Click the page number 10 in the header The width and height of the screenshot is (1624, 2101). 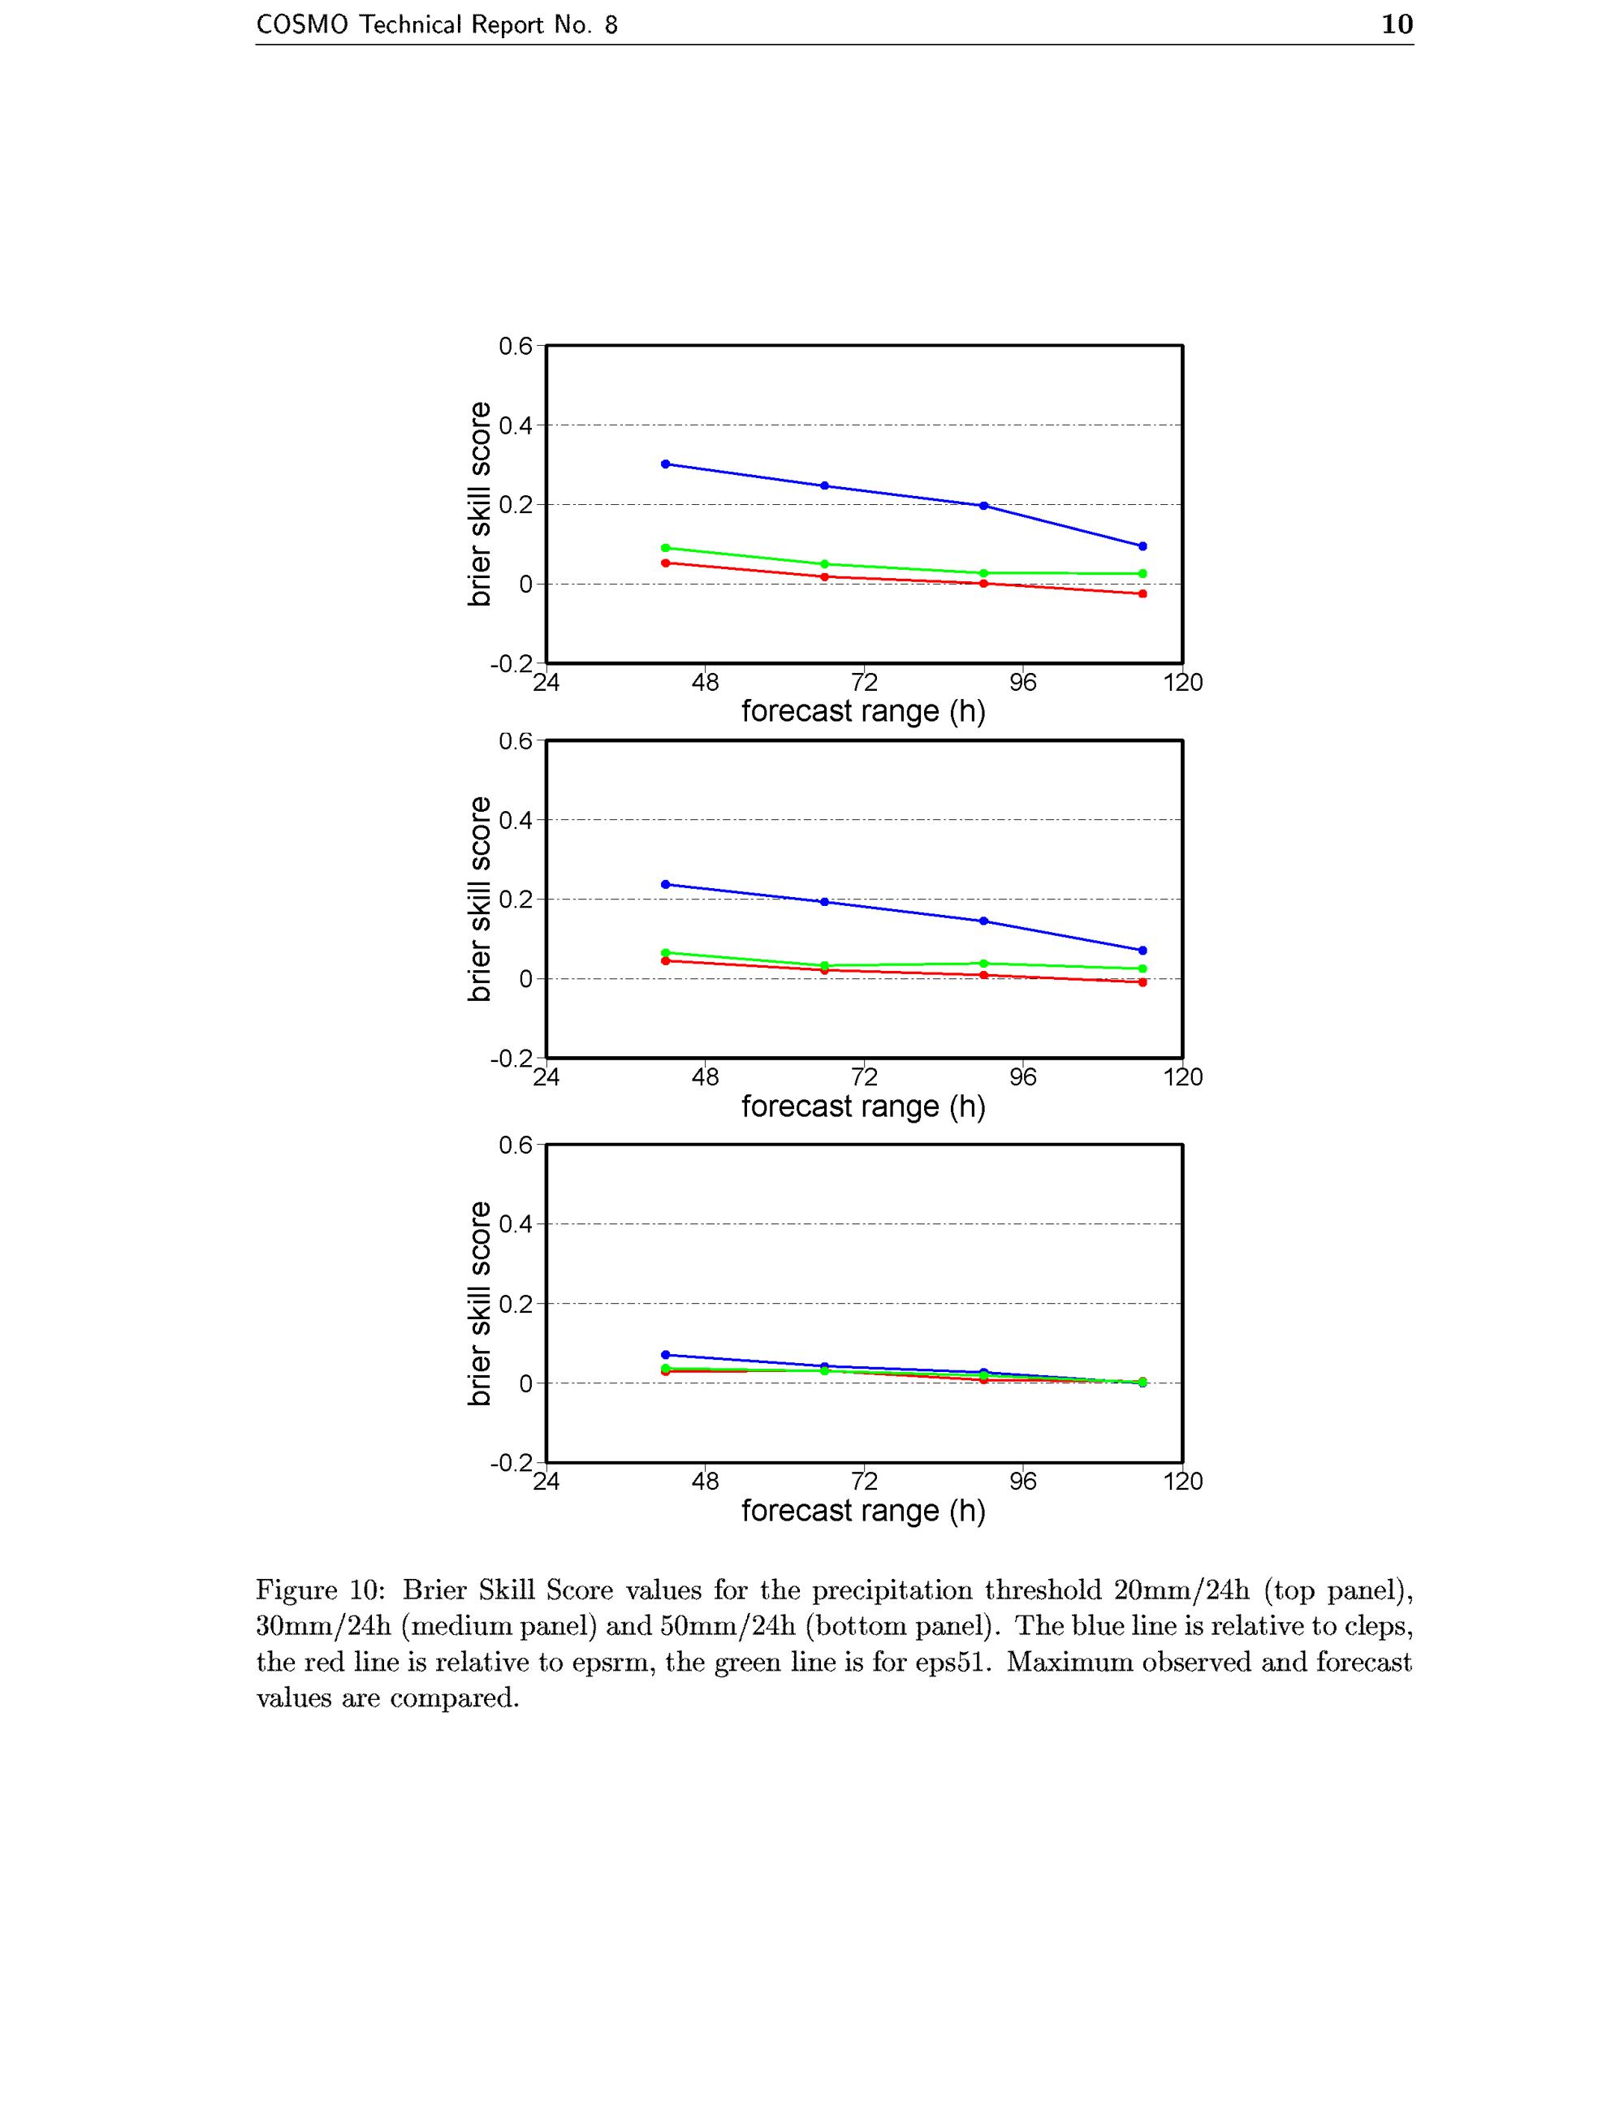pyautogui.click(x=1397, y=24)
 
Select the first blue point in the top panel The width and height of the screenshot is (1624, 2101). pyautogui.click(x=666, y=464)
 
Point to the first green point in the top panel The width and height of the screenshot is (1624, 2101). pyautogui.click(x=666, y=547)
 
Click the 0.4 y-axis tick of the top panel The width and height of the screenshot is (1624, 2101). pyautogui.click(x=515, y=425)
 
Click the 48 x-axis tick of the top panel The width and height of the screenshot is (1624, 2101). pyautogui.click(x=705, y=682)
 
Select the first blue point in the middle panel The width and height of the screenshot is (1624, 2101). pyautogui.click(x=666, y=884)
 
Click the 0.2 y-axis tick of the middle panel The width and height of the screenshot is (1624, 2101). pyautogui.click(x=515, y=900)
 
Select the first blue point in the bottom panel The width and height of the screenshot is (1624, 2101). pyautogui.click(x=666, y=1354)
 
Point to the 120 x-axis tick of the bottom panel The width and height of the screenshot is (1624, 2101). pyautogui.click(x=1182, y=1482)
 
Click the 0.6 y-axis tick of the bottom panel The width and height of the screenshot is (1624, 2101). pyautogui.click(x=515, y=1145)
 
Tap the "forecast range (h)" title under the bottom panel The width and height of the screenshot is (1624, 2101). pyautogui.click(x=863, y=1512)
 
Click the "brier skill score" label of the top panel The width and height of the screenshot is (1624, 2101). pyautogui.click(x=478, y=504)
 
